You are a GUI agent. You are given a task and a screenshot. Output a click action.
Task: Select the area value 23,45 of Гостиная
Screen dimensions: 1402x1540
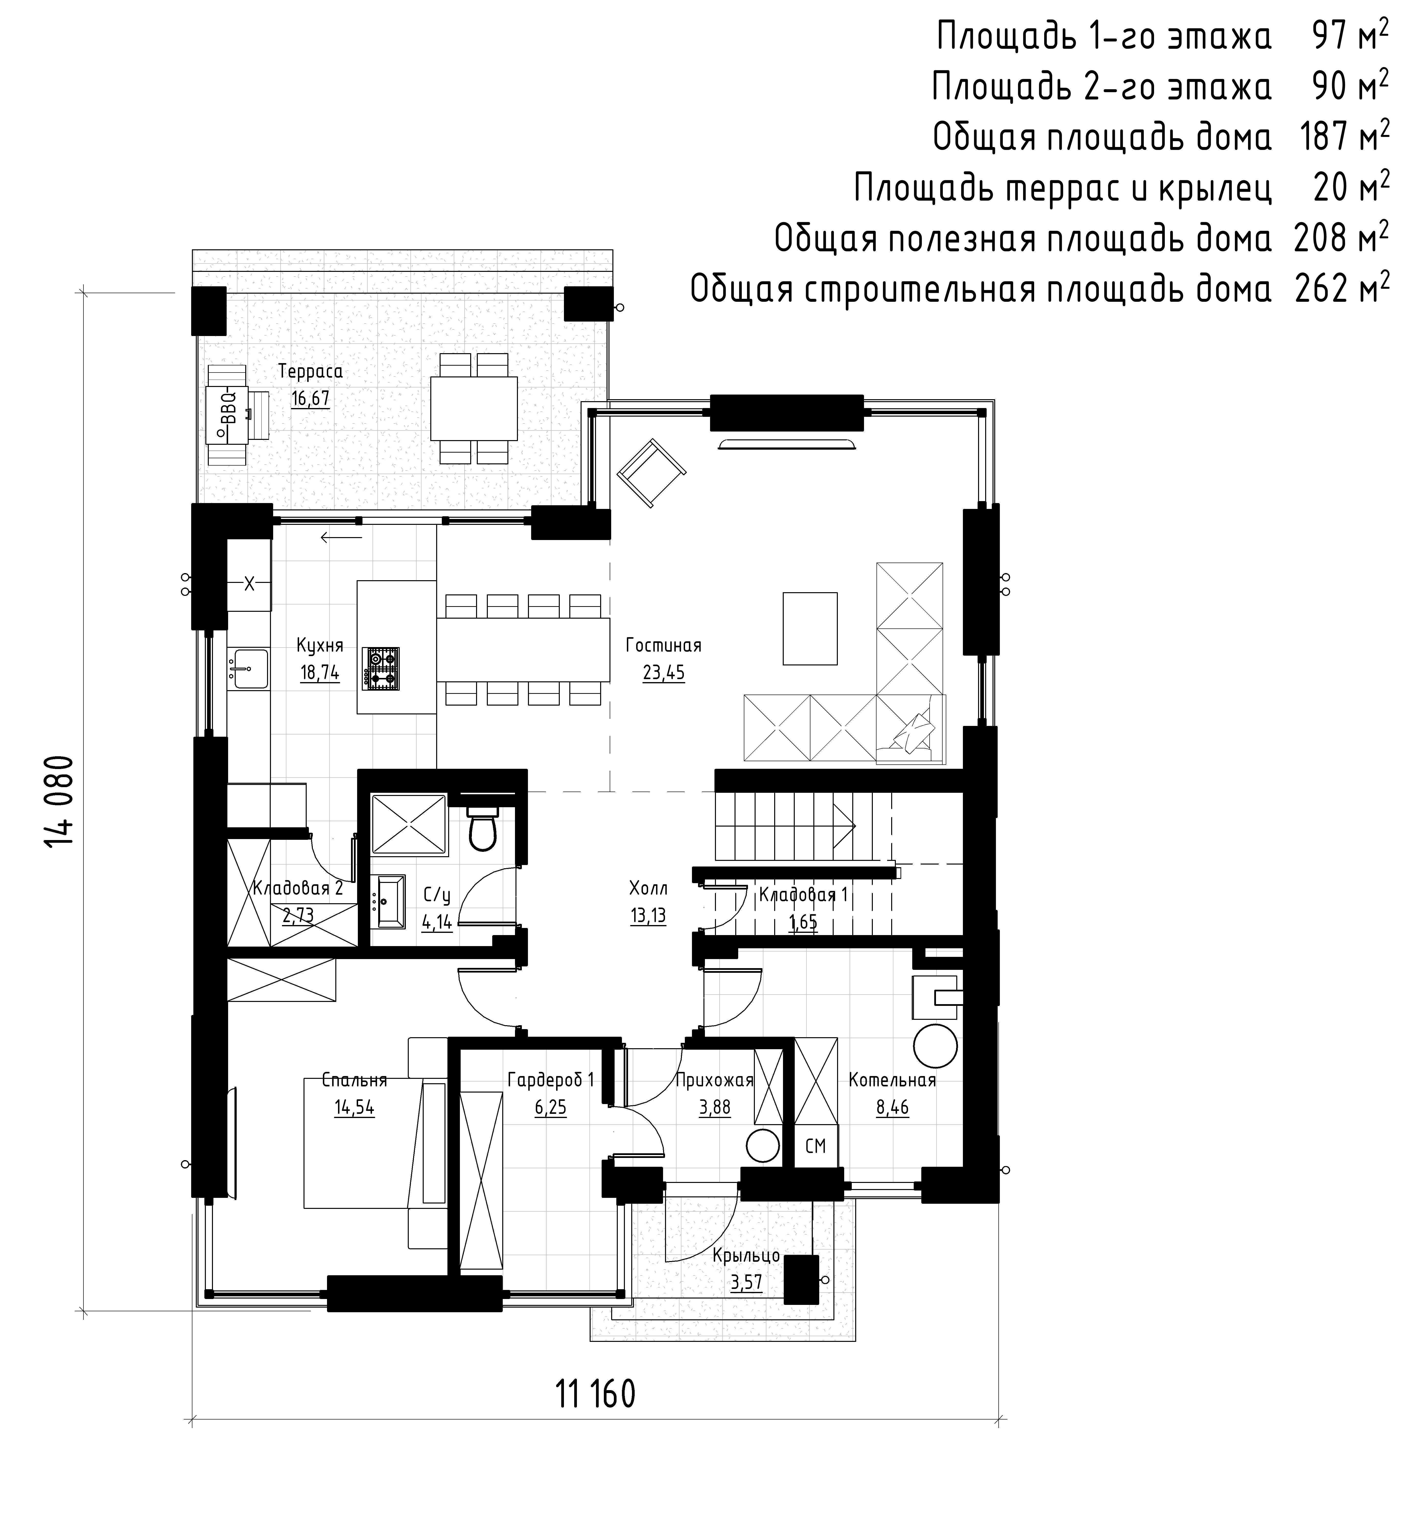point(664,673)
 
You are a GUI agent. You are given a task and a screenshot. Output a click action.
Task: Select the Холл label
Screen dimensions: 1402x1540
point(648,888)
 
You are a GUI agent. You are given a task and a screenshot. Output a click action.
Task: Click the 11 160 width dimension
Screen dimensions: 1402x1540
point(596,1395)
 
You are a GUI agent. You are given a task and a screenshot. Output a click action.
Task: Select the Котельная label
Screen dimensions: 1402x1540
point(892,1080)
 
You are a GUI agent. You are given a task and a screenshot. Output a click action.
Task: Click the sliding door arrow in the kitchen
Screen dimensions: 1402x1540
point(341,537)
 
